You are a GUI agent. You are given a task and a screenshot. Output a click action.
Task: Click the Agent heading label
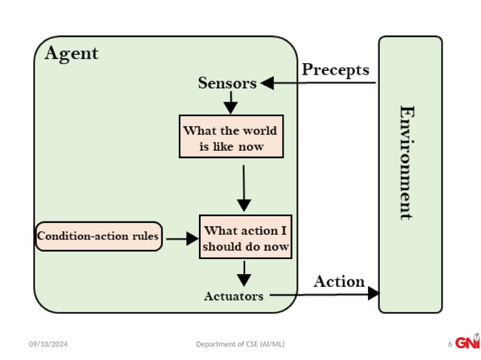pyautogui.click(x=72, y=54)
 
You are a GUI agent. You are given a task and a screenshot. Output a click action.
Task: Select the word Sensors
pyautogui.click(x=227, y=83)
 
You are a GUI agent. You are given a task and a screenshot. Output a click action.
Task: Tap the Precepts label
pyautogui.click(x=335, y=70)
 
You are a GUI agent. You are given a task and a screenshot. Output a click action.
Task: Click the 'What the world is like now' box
pyautogui.click(x=231, y=137)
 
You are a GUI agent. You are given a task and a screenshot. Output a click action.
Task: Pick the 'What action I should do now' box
pyautogui.click(x=245, y=237)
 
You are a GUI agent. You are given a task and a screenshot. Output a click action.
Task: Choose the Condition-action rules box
pyautogui.click(x=99, y=236)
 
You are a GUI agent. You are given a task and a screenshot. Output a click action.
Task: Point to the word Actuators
pyautogui.click(x=234, y=296)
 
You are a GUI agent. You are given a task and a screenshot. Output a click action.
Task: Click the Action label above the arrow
pyautogui.click(x=339, y=282)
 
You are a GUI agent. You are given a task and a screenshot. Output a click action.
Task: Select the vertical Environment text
pyautogui.click(x=407, y=162)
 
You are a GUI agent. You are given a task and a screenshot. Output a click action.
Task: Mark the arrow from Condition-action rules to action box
pyautogui.click(x=181, y=238)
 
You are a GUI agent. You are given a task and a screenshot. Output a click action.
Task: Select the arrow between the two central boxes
pyautogui.click(x=244, y=188)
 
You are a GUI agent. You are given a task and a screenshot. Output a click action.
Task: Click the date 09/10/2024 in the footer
pyautogui.click(x=49, y=344)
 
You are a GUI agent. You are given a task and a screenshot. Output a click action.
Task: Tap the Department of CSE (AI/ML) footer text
pyautogui.click(x=240, y=344)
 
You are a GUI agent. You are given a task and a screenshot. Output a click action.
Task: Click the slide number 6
pyautogui.click(x=450, y=344)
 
